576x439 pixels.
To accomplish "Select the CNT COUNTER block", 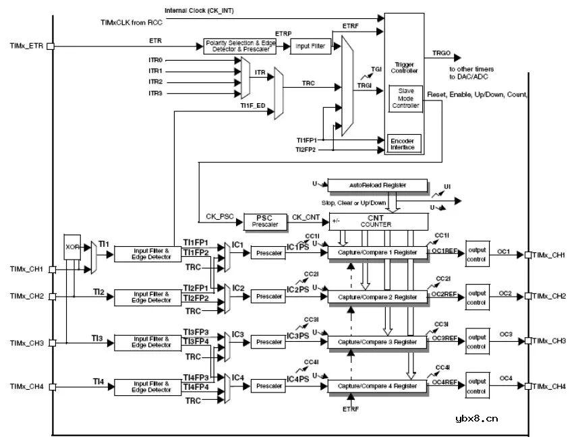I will [x=378, y=221].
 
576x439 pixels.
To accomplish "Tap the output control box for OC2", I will [x=476, y=297].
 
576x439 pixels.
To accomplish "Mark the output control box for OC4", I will [x=476, y=386].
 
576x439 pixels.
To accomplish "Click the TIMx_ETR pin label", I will [x=27, y=47].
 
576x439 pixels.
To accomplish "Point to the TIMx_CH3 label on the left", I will [x=27, y=343].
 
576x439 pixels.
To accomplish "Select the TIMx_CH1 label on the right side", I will [x=548, y=254].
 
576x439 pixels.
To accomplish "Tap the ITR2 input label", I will [x=155, y=82].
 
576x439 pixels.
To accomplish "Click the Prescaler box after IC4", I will [x=270, y=386].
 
